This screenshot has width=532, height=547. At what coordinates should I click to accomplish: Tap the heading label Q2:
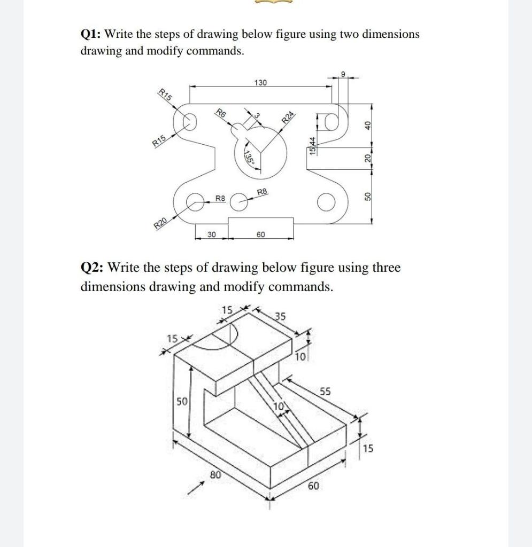[92, 268]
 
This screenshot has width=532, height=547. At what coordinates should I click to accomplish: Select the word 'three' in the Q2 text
[382, 268]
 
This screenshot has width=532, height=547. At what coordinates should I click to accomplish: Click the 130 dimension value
[260, 83]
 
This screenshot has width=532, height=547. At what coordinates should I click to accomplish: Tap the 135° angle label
[248, 158]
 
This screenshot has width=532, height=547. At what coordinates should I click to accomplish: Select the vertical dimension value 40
[367, 124]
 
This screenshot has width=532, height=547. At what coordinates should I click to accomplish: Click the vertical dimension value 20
[367, 158]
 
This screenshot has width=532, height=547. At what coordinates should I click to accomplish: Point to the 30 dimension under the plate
[212, 234]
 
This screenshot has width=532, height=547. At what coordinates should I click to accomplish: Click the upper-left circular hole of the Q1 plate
[188, 123]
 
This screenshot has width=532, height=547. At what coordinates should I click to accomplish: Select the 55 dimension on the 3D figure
[326, 392]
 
